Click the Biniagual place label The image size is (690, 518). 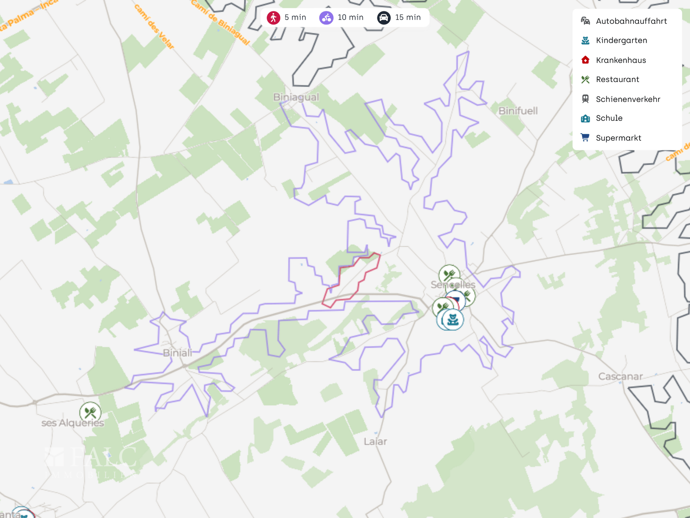click(296, 97)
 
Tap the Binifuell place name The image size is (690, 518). click(518, 111)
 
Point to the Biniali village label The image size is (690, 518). click(178, 353)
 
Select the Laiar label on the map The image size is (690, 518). click(375, 441)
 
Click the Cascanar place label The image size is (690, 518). click(620, 377)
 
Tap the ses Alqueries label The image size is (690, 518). click(73, 423)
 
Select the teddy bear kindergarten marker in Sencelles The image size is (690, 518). click(453, 319)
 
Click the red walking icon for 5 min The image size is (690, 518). click(273, 18)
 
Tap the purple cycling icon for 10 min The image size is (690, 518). click(326, 18)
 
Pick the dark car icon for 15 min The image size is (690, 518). click(384, 18)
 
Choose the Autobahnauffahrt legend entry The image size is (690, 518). click(631, 21)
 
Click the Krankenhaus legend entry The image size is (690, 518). click(621, 60)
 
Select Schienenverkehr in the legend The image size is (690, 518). click(628, 99)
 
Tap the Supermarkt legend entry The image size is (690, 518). click(618, 138)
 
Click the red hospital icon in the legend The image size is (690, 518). click(585, 60)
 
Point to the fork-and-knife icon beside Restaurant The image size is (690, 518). click(585, 79)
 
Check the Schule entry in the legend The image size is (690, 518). click(609, 118)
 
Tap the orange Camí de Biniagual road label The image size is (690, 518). click(220, 22)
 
